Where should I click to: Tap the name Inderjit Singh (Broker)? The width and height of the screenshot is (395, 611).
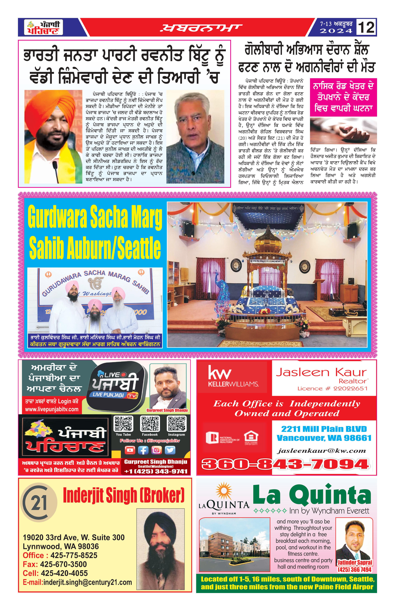click(124, 495)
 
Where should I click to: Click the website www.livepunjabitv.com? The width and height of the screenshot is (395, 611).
click(52, 409)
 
